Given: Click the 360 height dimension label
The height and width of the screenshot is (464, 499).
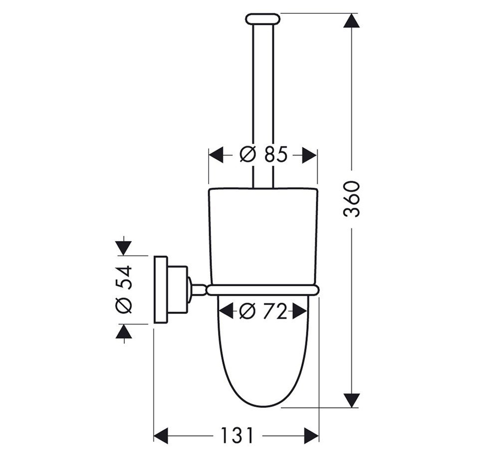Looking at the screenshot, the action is (352, 199).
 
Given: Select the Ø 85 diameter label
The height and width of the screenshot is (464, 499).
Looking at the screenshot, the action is (264, 155).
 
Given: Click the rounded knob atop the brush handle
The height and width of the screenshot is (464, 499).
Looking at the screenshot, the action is (263, 18).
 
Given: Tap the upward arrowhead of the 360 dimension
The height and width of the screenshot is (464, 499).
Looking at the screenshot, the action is (352, 21).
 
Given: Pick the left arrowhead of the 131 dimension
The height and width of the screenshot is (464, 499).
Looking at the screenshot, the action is (161, 435).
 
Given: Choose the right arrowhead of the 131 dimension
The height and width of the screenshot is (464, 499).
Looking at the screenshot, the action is (311, 435).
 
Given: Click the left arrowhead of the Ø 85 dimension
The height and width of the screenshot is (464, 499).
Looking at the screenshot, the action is (216, 155).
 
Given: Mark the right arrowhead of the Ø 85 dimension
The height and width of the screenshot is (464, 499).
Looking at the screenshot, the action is (309, 155).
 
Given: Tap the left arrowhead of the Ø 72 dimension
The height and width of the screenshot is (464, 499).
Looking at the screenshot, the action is (226, 310).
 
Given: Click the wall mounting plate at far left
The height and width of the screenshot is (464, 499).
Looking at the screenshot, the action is (161, 290).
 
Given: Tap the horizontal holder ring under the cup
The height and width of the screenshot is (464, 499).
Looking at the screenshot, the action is (263, 290).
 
